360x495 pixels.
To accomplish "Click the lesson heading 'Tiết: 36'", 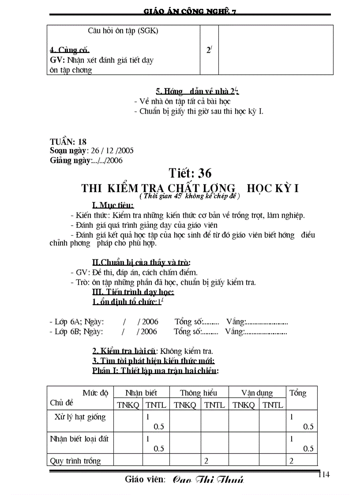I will (x=190, y=173).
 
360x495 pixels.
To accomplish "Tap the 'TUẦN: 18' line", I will (x=68, y=142).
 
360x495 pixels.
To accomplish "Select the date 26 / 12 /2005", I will (x=112, y=151).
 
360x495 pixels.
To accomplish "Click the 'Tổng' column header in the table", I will (x=298, y=393).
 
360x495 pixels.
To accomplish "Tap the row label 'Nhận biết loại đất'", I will (x=79, y=439).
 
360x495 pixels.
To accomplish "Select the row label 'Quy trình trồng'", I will (x=75, y=461).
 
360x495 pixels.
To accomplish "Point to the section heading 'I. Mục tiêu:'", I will (x=113, y=205).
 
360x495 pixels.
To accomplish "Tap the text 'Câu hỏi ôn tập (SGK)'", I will (x=123, y=31).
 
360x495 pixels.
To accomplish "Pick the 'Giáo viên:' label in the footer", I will (x=145, y=479).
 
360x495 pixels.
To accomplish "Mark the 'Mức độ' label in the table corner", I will (x=95, y=393).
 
